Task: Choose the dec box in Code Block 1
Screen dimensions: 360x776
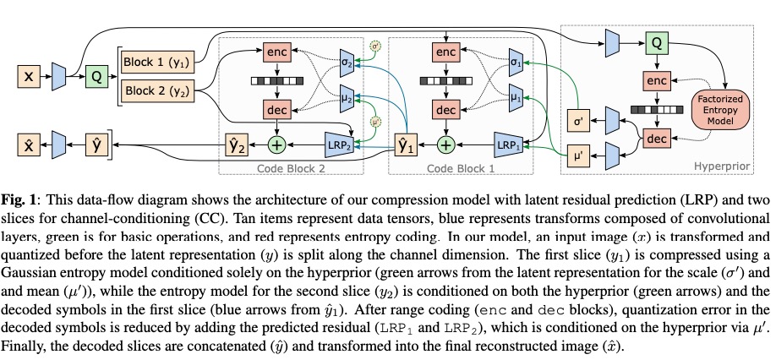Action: coord(445,110)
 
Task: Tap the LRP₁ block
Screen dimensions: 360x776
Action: coord(507,145)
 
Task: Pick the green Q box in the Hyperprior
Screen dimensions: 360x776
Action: coord(656,41)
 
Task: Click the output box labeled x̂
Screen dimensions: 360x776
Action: coord(28,145)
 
